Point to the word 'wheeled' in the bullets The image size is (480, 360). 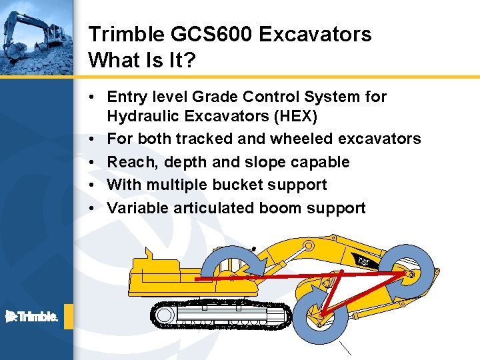click(299, 139)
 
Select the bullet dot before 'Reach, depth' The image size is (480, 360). click(93, 162)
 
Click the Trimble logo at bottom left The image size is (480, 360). click(32, 317)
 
